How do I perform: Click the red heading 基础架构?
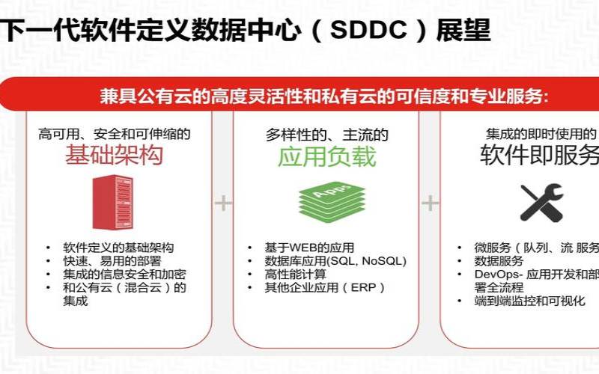coord(114,156)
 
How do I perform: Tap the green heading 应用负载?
coord(326,156)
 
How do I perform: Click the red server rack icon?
coord(112,201)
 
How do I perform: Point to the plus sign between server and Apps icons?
coord(223,203)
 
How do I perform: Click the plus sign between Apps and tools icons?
coord(430,203)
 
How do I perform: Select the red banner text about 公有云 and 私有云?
coord(324,96)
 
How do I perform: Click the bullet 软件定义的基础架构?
coord(118,248)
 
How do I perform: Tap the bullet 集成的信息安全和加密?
coord(124,274)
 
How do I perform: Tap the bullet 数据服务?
coord(499,261)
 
